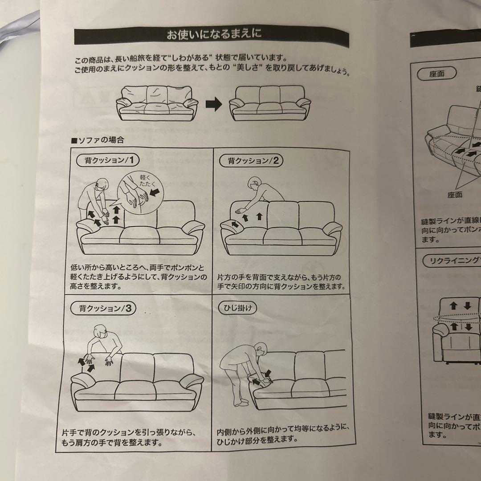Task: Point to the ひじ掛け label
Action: [x=238, y=308]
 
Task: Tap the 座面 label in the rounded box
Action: [x=437, y=74]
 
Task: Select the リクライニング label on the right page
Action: [x=454, y=261]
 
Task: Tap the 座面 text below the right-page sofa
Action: [x=452, y=194]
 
